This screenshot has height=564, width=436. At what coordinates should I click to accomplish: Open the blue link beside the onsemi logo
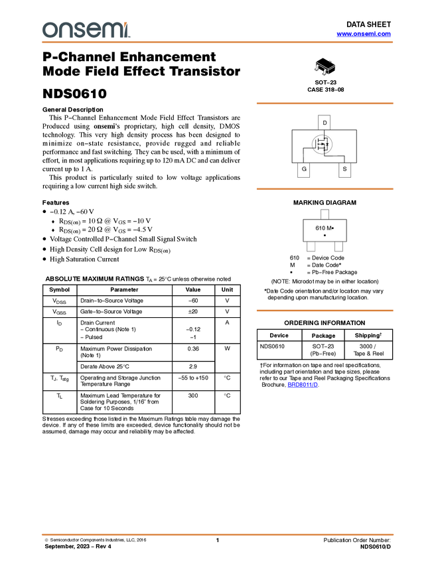(363, 33)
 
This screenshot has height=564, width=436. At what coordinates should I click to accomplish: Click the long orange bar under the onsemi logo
(218, 42)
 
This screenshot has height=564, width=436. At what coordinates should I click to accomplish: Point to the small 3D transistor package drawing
(325, 68)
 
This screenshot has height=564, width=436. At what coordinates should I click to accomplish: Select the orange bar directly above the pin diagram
(325, 104)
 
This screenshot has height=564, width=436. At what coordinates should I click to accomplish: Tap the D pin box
(325, 123)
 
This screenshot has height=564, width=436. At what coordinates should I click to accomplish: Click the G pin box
(304, 170)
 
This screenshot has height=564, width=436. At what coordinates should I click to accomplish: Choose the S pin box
(344, 170)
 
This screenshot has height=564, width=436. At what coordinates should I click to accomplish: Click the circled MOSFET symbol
(323, 144)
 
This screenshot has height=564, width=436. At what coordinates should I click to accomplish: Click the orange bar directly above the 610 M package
(325, 189)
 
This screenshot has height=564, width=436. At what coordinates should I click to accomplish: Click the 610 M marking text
(324, 228)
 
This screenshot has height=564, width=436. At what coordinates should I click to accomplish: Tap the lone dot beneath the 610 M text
(325, 236)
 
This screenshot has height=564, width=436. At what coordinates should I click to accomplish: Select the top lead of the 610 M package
(325, 213)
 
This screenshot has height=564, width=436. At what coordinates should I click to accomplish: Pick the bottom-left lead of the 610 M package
(310, 247)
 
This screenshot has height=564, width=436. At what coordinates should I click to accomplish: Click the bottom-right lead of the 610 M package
(339, 247)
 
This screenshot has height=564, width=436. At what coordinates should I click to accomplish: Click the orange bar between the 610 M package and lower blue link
(325, 311)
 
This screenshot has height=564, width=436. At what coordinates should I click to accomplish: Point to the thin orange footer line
(218, 534)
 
